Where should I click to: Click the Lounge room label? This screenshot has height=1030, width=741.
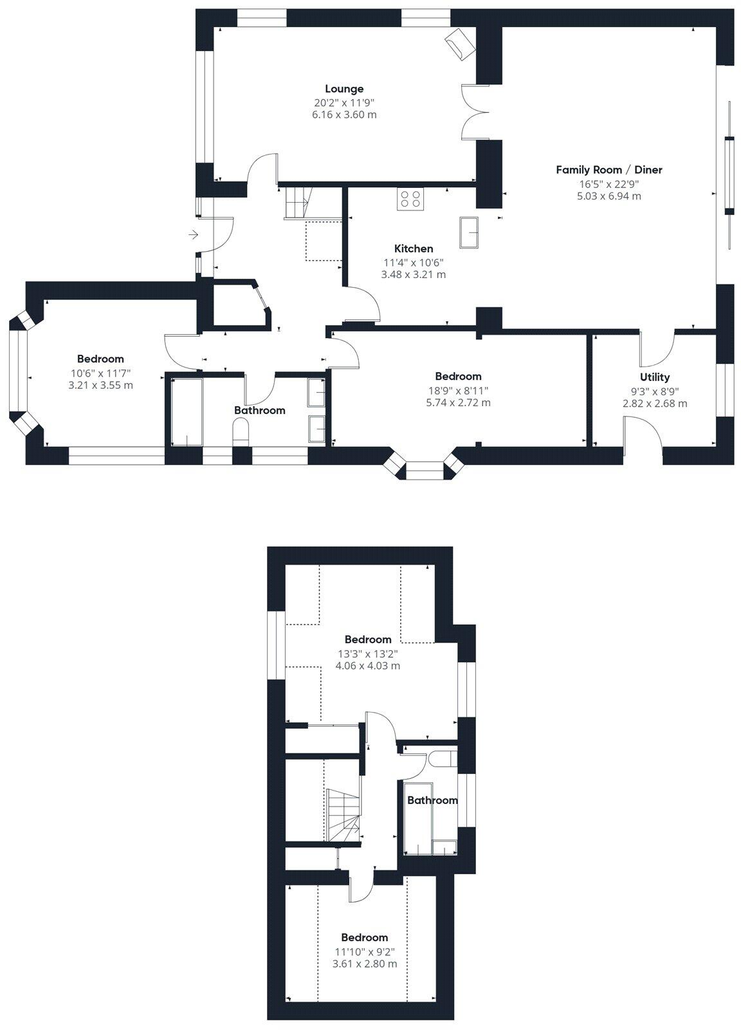pyautogui.click(x=344, y=89)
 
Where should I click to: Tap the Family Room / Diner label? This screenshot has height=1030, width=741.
pyautogui.click(x=609, y=170)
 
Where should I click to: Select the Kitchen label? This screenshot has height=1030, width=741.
pyautogui.click(x=414, y=248)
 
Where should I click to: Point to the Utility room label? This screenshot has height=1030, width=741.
pyautogui.click(x=655, y=377)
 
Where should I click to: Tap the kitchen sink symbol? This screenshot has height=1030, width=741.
pyautogui.click(x=470, y=232)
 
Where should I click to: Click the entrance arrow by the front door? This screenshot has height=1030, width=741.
pyautogui.click(x=194, y=235)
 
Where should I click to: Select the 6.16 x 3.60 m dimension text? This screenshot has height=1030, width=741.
pyautogui.click(x=344, y=115)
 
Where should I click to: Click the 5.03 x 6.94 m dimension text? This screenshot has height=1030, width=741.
pyautogui.click(x=609, y=196)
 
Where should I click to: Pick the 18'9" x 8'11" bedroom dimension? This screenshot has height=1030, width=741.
pyautogui.click(x=458, y=390)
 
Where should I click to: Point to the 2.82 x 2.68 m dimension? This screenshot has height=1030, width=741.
pyautogui.click(x=655, y=404)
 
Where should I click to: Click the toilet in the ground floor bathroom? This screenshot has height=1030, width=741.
pyautogui.click(x=241, y=431)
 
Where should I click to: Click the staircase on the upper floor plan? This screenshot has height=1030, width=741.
pyautogui.click(x=343, y=816)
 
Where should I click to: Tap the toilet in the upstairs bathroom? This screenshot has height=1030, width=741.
pyautogui.click(x=443, y=758)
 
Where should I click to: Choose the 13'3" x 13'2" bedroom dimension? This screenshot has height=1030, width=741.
pyautogui.click(x=368, y=653)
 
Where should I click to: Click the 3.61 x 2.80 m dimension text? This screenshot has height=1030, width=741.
pyautogui.click(x=365, y=964)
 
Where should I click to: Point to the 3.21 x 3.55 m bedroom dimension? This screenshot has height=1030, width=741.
pyautogui.click(x=100, y=385)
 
